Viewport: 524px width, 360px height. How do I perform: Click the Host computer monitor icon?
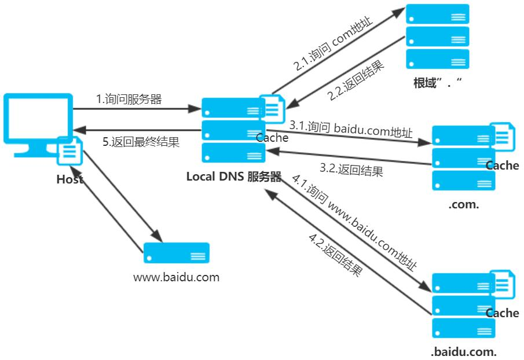point(36,122)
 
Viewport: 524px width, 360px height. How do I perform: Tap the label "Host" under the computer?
point(69,179)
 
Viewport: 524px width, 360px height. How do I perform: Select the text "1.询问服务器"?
point(129,99)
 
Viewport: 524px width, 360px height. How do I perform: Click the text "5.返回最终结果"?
point(141,142)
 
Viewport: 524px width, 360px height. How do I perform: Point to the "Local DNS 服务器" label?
point(233,177)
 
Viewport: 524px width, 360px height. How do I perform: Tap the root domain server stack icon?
point(437,37)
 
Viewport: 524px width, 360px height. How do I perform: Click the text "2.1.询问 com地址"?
point(334,44)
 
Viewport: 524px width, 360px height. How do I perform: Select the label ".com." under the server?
point(463,205)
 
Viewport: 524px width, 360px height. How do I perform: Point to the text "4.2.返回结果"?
point(336,255)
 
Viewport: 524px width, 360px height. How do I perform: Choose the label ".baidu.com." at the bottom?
point(463,351)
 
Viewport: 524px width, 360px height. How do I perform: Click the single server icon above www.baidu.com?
point(177,254)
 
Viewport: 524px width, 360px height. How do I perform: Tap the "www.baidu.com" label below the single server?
point(177,277)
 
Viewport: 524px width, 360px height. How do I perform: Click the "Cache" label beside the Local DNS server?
point(272,138)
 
